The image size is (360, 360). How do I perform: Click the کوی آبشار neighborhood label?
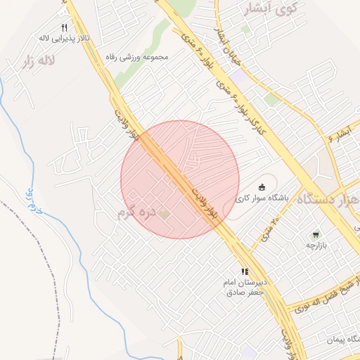point(269,8)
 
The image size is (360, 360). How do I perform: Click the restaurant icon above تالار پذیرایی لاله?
point(45,26)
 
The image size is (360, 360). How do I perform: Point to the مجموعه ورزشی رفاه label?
point(138,56)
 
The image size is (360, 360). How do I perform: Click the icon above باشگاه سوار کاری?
point(262,187)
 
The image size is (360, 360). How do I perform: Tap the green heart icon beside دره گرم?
point(165,212)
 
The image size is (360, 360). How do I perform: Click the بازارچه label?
point(317,245)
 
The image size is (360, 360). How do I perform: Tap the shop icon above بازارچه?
point(316,235)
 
